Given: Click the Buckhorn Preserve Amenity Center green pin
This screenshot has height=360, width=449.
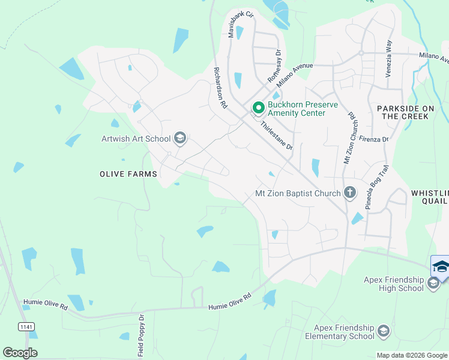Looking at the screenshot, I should pos(259,108).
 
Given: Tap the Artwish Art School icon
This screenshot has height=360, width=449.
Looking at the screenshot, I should pos(179,139).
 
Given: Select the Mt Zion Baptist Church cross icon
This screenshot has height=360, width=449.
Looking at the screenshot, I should pos(350,193).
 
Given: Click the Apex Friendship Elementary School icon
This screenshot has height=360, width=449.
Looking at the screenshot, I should pos(384,331).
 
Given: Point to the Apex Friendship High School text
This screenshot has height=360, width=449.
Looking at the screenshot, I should pos(393,284).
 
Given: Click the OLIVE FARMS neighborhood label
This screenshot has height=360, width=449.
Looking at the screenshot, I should pos(128,174).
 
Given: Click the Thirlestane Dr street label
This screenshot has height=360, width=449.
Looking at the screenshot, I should pos(276,136).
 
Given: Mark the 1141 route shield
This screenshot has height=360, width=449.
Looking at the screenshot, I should pos(26,326).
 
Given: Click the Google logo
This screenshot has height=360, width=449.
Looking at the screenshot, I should pos(20,352).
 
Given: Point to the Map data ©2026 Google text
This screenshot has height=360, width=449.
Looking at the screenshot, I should pos(411,355).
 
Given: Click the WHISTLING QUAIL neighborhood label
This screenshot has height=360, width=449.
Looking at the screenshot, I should pos(430,197).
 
